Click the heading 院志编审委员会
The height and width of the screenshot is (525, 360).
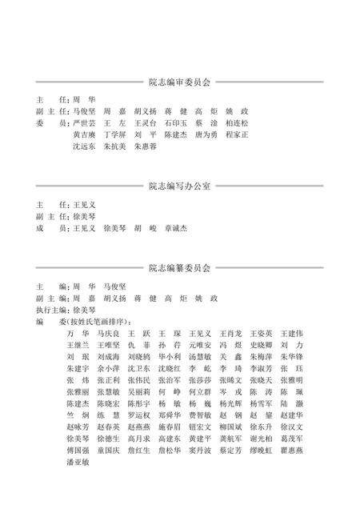click(x=179, y=82)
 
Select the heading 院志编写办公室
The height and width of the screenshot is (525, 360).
click(x=179, y=186)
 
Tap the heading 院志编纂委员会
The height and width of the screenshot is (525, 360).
click(x=179, y=268)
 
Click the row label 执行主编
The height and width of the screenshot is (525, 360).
click(x=51, y=310)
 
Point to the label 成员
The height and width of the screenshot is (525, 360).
click(x=50, y=228)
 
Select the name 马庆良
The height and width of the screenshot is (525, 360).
click(x=108, y=334)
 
